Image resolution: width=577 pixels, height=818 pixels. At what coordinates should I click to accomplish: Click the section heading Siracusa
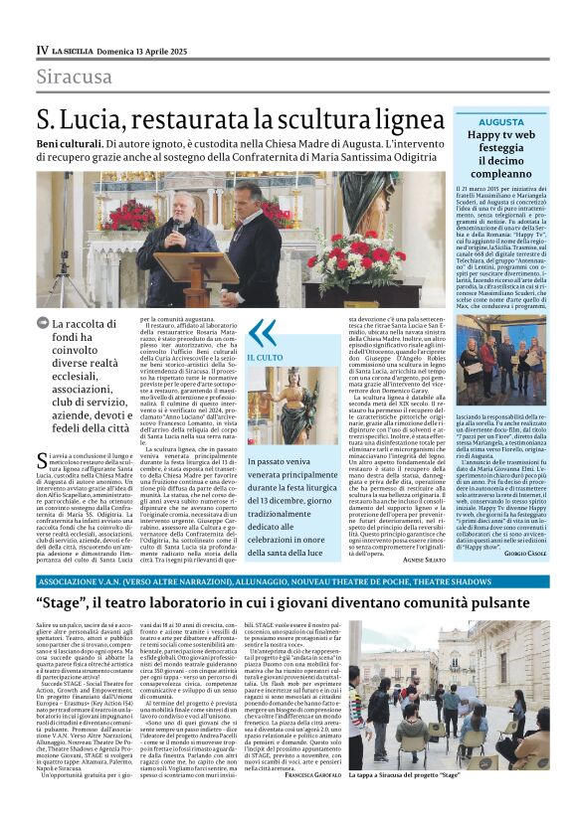tap(74, 77)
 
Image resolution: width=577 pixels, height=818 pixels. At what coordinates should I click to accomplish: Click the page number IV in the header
tap(42, 50)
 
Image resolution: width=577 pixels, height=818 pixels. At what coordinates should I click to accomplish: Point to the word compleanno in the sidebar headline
tap(501, 173)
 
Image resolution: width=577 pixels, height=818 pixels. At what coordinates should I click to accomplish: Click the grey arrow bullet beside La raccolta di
tap(42, 323)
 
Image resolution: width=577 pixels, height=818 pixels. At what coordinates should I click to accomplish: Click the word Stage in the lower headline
tap(62, 603)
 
